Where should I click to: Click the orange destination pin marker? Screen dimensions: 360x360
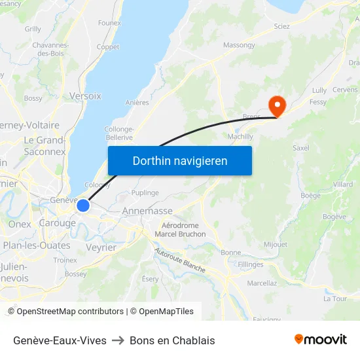click(278, 105)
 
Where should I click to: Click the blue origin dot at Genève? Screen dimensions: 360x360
click(83, 206)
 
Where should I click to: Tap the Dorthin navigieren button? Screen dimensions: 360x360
click(180, 161)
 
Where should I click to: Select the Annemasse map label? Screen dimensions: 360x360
click(147, 211)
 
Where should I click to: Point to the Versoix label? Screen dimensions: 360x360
click(85, 96)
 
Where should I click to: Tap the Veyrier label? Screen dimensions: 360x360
click(101, 247)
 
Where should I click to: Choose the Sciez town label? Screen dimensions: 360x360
click(281, 26)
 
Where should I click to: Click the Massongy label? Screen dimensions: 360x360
click(239, 45)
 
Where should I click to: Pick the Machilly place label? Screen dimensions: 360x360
click(240, 136)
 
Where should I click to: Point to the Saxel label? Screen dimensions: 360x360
click(301, 148)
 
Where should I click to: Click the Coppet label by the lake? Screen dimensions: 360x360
click(108, 47)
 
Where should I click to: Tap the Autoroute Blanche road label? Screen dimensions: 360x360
click(180, 260)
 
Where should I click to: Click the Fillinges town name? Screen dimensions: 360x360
click(251, 264)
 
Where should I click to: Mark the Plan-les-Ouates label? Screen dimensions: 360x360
click(37, 245)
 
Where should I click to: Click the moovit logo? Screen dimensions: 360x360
click(321, 340)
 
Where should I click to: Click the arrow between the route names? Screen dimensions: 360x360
click(118, 340)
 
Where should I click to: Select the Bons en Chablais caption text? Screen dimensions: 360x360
click(172, 340)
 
